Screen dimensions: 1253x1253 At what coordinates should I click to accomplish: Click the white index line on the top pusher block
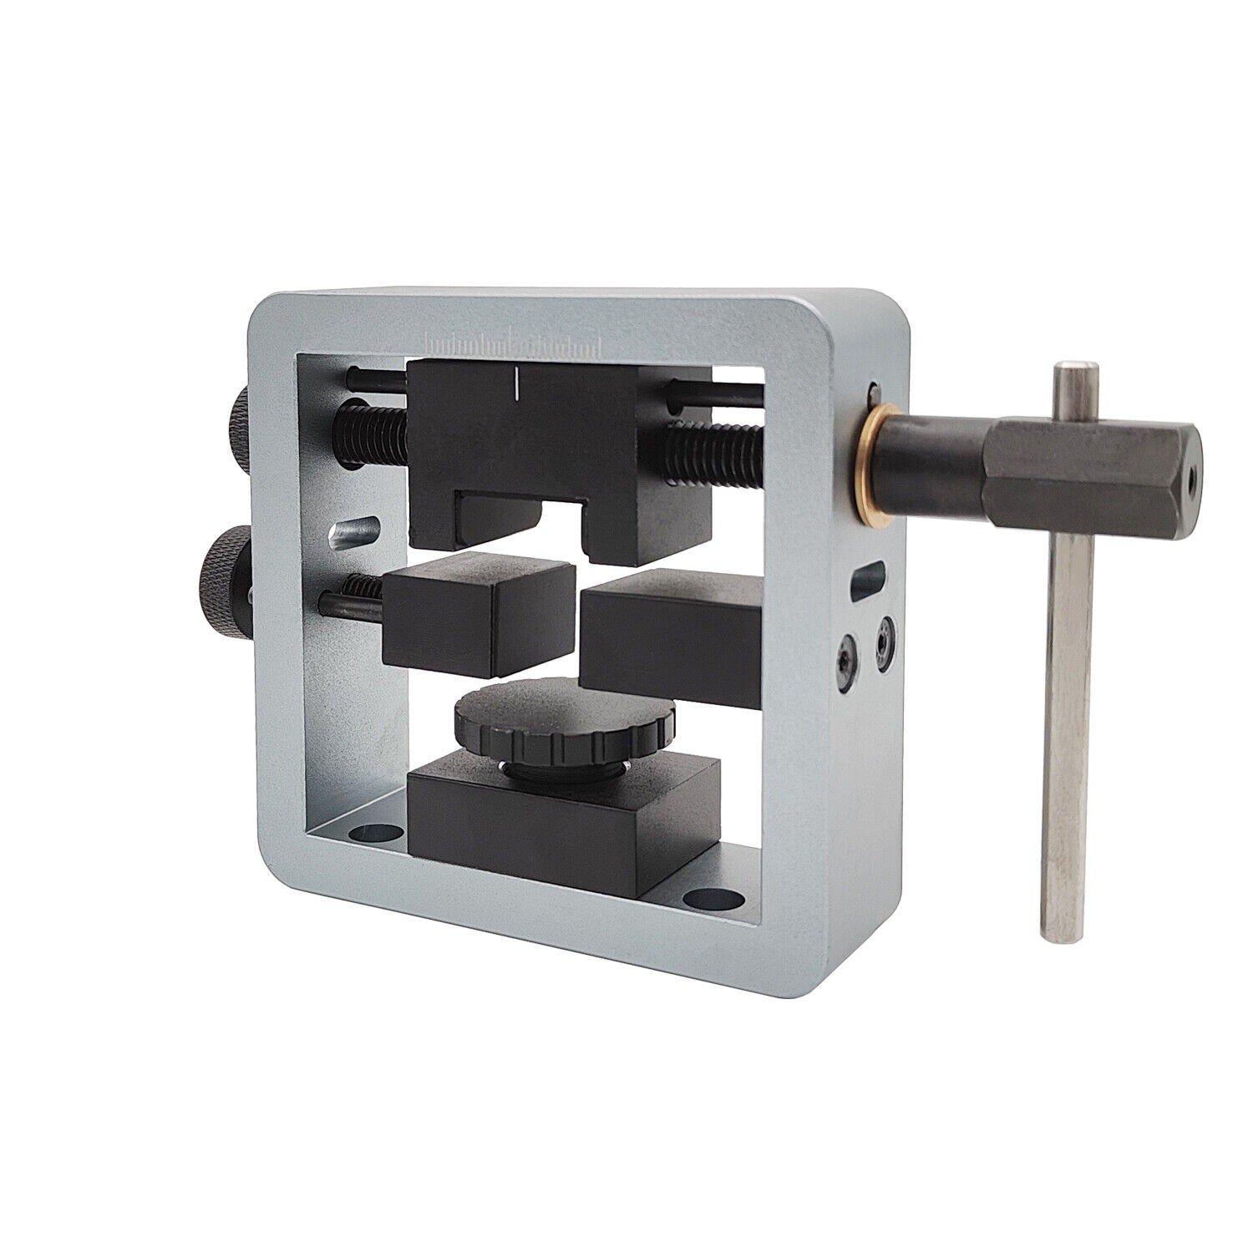tap(518, 380)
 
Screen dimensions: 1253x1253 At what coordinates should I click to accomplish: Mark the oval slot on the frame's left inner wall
tap(354, 530)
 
